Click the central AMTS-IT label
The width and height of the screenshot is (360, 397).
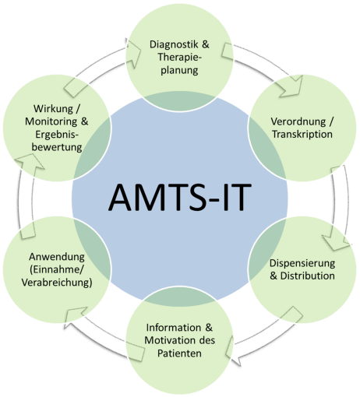[x=180, y=196]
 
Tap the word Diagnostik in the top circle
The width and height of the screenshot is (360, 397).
[x=172, y=44]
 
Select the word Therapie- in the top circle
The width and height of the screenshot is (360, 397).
[x=179, y=57]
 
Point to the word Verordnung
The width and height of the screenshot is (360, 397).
[x=298, y=121]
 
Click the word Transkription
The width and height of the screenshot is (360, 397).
[x=302, y=134]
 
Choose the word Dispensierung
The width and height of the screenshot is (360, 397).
[x=302, y=263]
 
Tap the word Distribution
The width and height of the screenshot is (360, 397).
[x=308, y=276]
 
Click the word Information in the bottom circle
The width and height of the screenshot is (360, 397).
[x=174, y=328]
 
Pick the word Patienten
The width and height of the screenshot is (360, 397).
[x=179, y=353]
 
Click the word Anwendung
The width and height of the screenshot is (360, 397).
[x=57, y=257]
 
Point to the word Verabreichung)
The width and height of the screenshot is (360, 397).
[x=57, y=283]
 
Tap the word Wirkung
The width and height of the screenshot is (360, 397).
[x=53, y=109]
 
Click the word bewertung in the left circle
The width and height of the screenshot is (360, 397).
[x=57, y=147]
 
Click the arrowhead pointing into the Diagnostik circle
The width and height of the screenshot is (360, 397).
[x=132, y=53]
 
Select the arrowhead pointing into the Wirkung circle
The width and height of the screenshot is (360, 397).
[x=29, y=162]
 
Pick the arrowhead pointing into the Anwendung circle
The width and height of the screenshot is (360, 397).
[x=75, y=317]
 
